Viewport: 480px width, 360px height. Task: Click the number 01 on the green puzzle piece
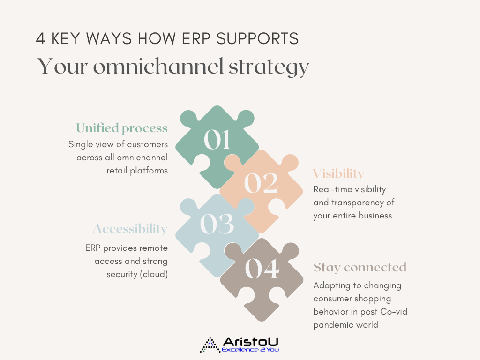[217, 139]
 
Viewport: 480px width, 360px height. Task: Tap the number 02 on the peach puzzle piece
[261, 183]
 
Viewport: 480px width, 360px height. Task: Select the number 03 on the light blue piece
[217, 224]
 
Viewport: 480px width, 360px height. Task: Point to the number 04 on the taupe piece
[262, 268]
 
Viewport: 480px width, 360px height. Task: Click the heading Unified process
[122, 128]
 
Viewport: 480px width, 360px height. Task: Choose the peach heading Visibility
[338, 173]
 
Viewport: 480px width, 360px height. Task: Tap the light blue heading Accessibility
[130, 229]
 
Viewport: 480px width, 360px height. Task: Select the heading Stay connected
[360, 267]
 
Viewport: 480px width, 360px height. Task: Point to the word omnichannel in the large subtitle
[158, 66]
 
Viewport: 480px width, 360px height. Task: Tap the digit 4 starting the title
[40, 39]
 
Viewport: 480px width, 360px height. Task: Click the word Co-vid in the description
[394, 312]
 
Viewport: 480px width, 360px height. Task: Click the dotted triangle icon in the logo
[210, 345]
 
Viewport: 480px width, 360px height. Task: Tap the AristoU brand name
[250, 342]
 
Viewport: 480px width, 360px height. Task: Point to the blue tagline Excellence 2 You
[250, 350]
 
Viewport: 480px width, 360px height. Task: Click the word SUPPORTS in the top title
[257, 39]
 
